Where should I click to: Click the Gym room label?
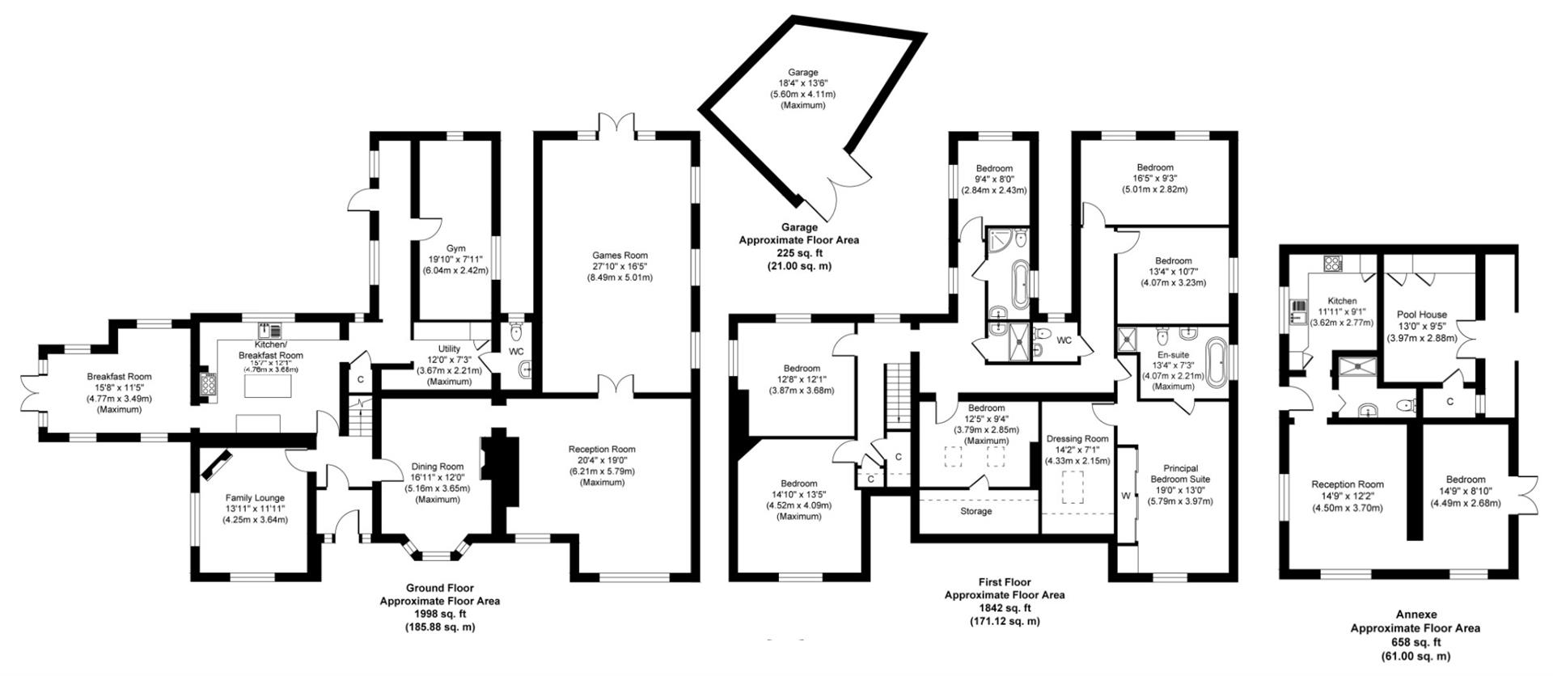click(455, 248)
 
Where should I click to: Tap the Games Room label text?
click(620, 256)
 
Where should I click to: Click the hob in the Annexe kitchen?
click(1331, 263)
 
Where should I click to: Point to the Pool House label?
click(1421, 315)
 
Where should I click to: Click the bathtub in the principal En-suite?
click(1216, 361)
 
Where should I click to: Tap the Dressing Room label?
click(1077, 438)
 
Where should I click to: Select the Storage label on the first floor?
click(975, 511)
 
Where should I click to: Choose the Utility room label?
click(449, 349)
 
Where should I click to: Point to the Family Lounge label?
click(255, 498)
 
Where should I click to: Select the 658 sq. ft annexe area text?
click(1415, 642)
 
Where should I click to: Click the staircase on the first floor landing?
click(896, 392)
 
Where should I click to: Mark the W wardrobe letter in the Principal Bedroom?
click(1125, 496)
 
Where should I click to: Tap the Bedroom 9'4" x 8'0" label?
click(994, 167)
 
